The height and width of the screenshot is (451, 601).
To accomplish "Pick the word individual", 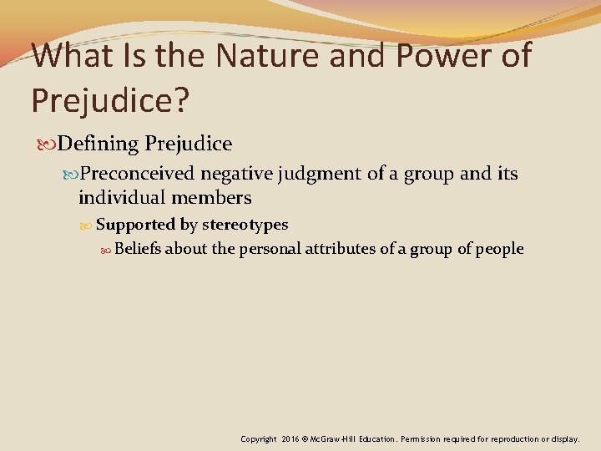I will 122,198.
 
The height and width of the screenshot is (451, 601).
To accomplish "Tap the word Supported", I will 135,225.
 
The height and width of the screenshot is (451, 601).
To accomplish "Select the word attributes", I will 343,249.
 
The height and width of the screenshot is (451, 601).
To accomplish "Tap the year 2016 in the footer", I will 290,438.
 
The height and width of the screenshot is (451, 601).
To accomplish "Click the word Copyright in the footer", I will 259,438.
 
